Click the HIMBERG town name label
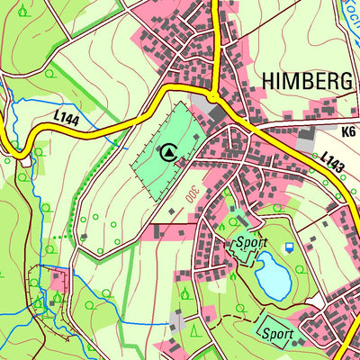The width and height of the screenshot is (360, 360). (x=307, y=81)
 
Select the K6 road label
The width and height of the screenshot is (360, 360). (x=349, y=130)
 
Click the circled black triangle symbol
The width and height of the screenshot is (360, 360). (x=167, y=152)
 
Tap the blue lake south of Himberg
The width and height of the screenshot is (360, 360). (x=272, y=274)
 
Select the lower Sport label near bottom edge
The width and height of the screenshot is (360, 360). (x=278, y=333)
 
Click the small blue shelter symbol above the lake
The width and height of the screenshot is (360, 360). (x=289, y=247)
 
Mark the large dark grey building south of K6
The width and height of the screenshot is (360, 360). (x=306, y=143)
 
